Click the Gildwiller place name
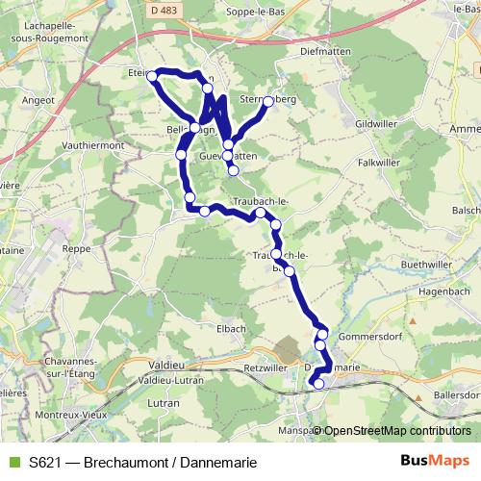tap(376, 123)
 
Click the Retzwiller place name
tap(266, 367)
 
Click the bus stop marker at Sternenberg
tap(268, 100)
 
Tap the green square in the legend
tap(12, 463)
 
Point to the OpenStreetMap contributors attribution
tap(396, 431)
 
